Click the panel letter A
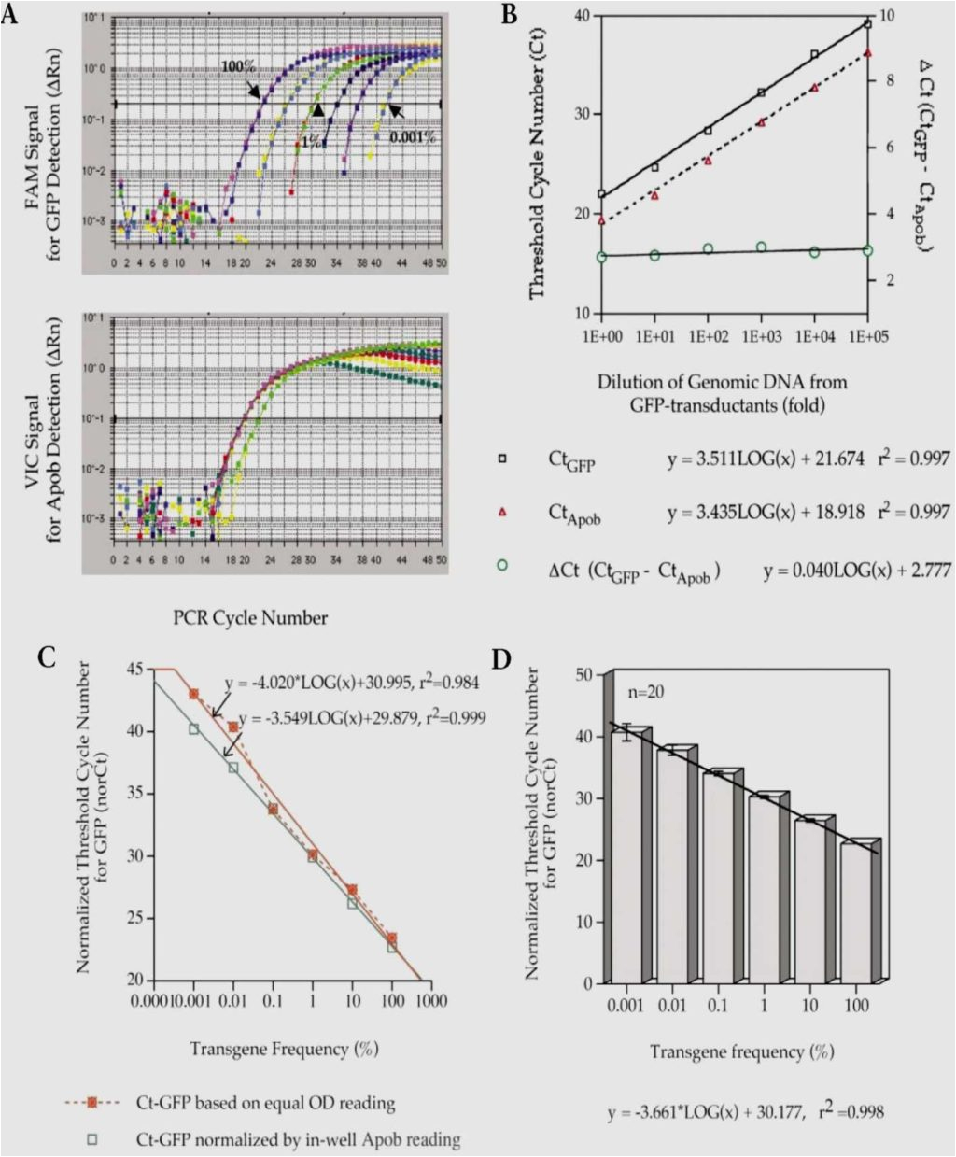[13, 15]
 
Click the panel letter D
[502, 659]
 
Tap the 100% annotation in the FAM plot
[238, 67]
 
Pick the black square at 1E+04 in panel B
[814, 55]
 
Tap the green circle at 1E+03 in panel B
[761, 247]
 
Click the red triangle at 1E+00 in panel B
[601, 220]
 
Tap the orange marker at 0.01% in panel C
[233, 727]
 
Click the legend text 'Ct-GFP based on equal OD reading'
[265, 1103]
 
